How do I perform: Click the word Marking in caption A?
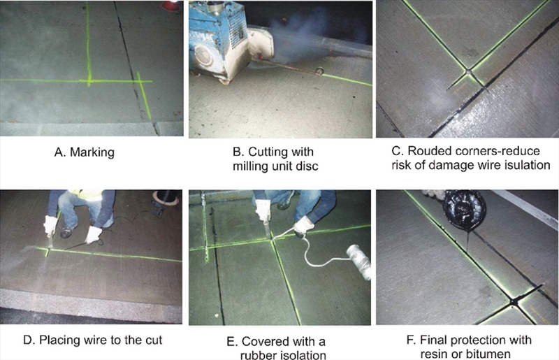[92, 152]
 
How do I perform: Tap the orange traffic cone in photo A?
[170, 6]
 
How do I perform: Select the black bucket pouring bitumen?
[464, 211]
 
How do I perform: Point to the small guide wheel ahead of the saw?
[320, 71]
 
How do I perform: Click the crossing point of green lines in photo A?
[89, 81]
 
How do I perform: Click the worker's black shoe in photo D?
[66, 232]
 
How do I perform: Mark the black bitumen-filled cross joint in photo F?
[514, 303]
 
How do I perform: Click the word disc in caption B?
[308, 166]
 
